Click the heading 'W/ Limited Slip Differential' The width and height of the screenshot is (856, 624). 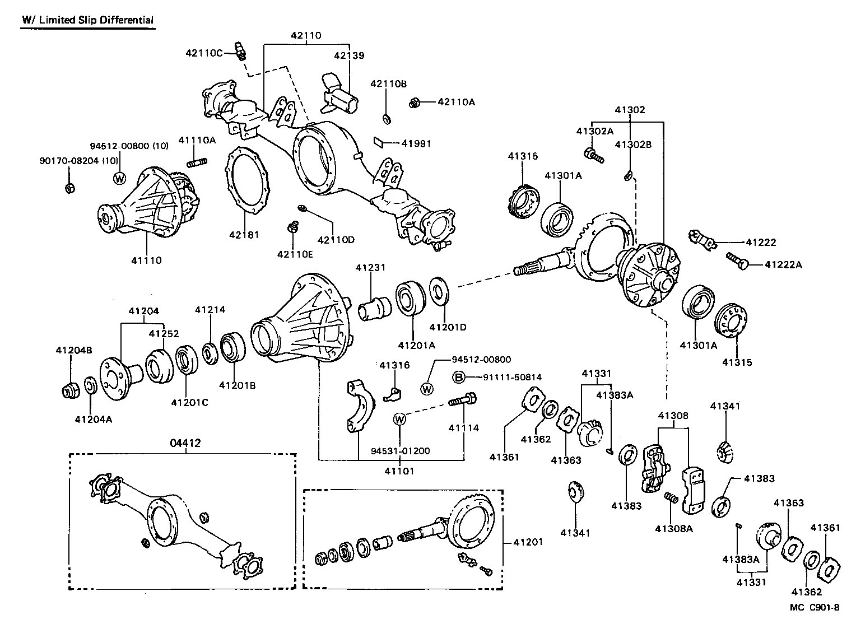tap(87, 20)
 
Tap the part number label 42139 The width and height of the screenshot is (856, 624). tap(349, 55)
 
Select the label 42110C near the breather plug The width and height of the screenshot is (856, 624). tap(204, 53)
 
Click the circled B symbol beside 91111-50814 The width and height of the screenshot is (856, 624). tap(458, 378)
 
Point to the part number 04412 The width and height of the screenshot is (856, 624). tap(185, 443)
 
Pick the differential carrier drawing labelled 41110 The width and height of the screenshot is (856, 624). tap(148, 202)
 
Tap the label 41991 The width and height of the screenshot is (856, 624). tap(416, 143)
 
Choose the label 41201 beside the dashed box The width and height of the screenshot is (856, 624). tap(528, 542)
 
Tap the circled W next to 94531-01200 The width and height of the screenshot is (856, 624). tap(399, 418)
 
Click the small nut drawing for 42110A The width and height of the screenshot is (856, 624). tap(415, 102)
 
